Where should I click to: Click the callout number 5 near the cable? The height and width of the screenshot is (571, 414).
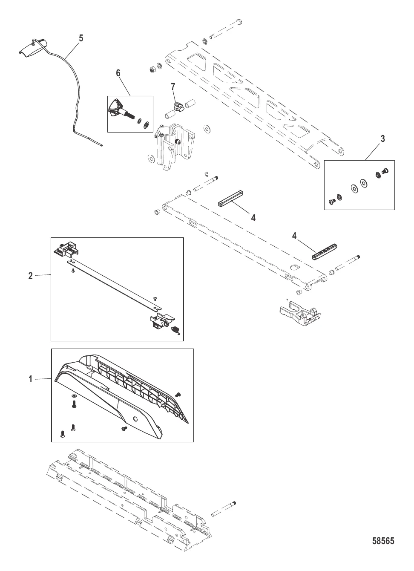81,38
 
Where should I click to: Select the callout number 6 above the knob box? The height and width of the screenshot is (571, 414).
118,73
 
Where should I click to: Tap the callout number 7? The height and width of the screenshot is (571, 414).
173,87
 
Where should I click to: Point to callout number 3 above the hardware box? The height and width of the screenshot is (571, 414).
382,138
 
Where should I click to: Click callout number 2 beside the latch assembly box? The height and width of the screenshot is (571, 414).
31,276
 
